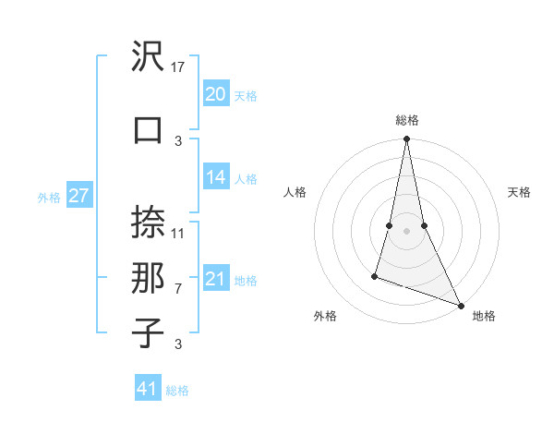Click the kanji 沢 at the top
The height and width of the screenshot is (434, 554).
pos(149,57)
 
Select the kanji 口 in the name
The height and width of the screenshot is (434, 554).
pos(149,129)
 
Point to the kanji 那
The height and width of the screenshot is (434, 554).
pos(149,277)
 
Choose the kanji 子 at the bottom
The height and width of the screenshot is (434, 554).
pos(149,332)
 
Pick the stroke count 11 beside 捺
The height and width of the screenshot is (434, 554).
pos(179,233)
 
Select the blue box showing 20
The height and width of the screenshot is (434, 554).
pos(215,93)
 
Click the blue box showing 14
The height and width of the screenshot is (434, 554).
pos(215,177)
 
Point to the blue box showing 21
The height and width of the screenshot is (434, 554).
pos(215,279)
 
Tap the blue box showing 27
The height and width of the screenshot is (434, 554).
pos(78,195)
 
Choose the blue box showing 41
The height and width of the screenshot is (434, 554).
pos(148,389)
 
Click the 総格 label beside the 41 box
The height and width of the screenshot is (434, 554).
pos(177,391)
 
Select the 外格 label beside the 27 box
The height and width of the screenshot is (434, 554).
pos(49,197)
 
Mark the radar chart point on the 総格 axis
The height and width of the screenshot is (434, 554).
pos(406,139)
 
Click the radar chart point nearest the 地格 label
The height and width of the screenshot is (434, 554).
pos(461,306)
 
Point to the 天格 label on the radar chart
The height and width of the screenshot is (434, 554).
pos(520,192)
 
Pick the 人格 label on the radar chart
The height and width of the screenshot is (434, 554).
pos(295,192)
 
